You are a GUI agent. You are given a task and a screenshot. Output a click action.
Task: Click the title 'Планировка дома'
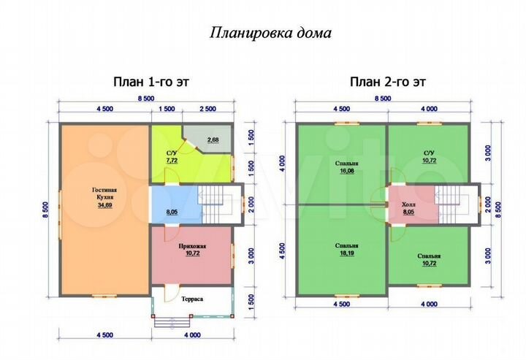tap(271, 34)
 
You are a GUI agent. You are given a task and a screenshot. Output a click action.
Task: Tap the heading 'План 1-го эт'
tap(150, 82)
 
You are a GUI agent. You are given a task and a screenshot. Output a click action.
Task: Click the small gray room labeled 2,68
tap(213, 139)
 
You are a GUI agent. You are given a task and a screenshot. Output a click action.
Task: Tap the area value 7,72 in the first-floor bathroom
tap(172, 159)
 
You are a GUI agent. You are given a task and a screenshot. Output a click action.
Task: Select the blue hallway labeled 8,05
tap(172, 212)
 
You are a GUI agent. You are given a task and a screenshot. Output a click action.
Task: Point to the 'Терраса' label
tap(193, 299)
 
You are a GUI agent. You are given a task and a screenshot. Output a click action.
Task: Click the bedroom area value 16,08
tap(341, 170)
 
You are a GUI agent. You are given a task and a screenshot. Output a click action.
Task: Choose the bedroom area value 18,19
tap(341, 254)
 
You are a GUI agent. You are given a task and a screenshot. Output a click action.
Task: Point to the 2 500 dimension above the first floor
tap(208, 109)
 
